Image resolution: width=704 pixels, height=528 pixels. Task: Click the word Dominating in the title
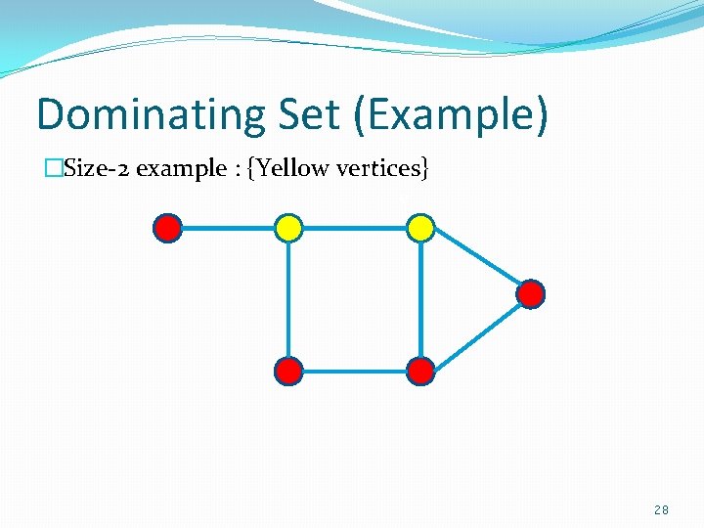tap(149, 115)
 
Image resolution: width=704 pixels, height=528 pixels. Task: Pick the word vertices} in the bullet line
tap(382, 168)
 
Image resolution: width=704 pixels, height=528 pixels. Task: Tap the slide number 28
tap(662, 510)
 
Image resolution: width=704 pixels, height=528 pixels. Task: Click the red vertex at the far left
tap(168, 229)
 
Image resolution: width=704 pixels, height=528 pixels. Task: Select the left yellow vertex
tap(288, 229)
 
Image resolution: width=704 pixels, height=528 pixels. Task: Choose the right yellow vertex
tap(420, 229)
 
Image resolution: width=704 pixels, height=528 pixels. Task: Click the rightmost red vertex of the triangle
tap(530, 293)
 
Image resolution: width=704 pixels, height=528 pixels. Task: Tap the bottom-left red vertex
tap(288, 371)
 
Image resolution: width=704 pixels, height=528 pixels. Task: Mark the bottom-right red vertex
tap(420, 371)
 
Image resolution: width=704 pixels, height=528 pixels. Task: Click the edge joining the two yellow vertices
tap(354, 229)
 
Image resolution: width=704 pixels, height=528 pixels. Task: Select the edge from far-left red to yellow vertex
tap(228, 229)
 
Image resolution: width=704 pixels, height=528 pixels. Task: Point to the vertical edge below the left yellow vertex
tap(288, 299)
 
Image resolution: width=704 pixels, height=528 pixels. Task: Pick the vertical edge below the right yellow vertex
tap(420, 299)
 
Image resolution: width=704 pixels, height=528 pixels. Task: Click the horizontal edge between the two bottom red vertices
tap(354, 371)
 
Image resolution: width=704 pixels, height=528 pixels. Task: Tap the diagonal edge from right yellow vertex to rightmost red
tap(477, 262)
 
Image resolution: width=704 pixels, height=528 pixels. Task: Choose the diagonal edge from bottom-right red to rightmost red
tap(476, 332)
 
